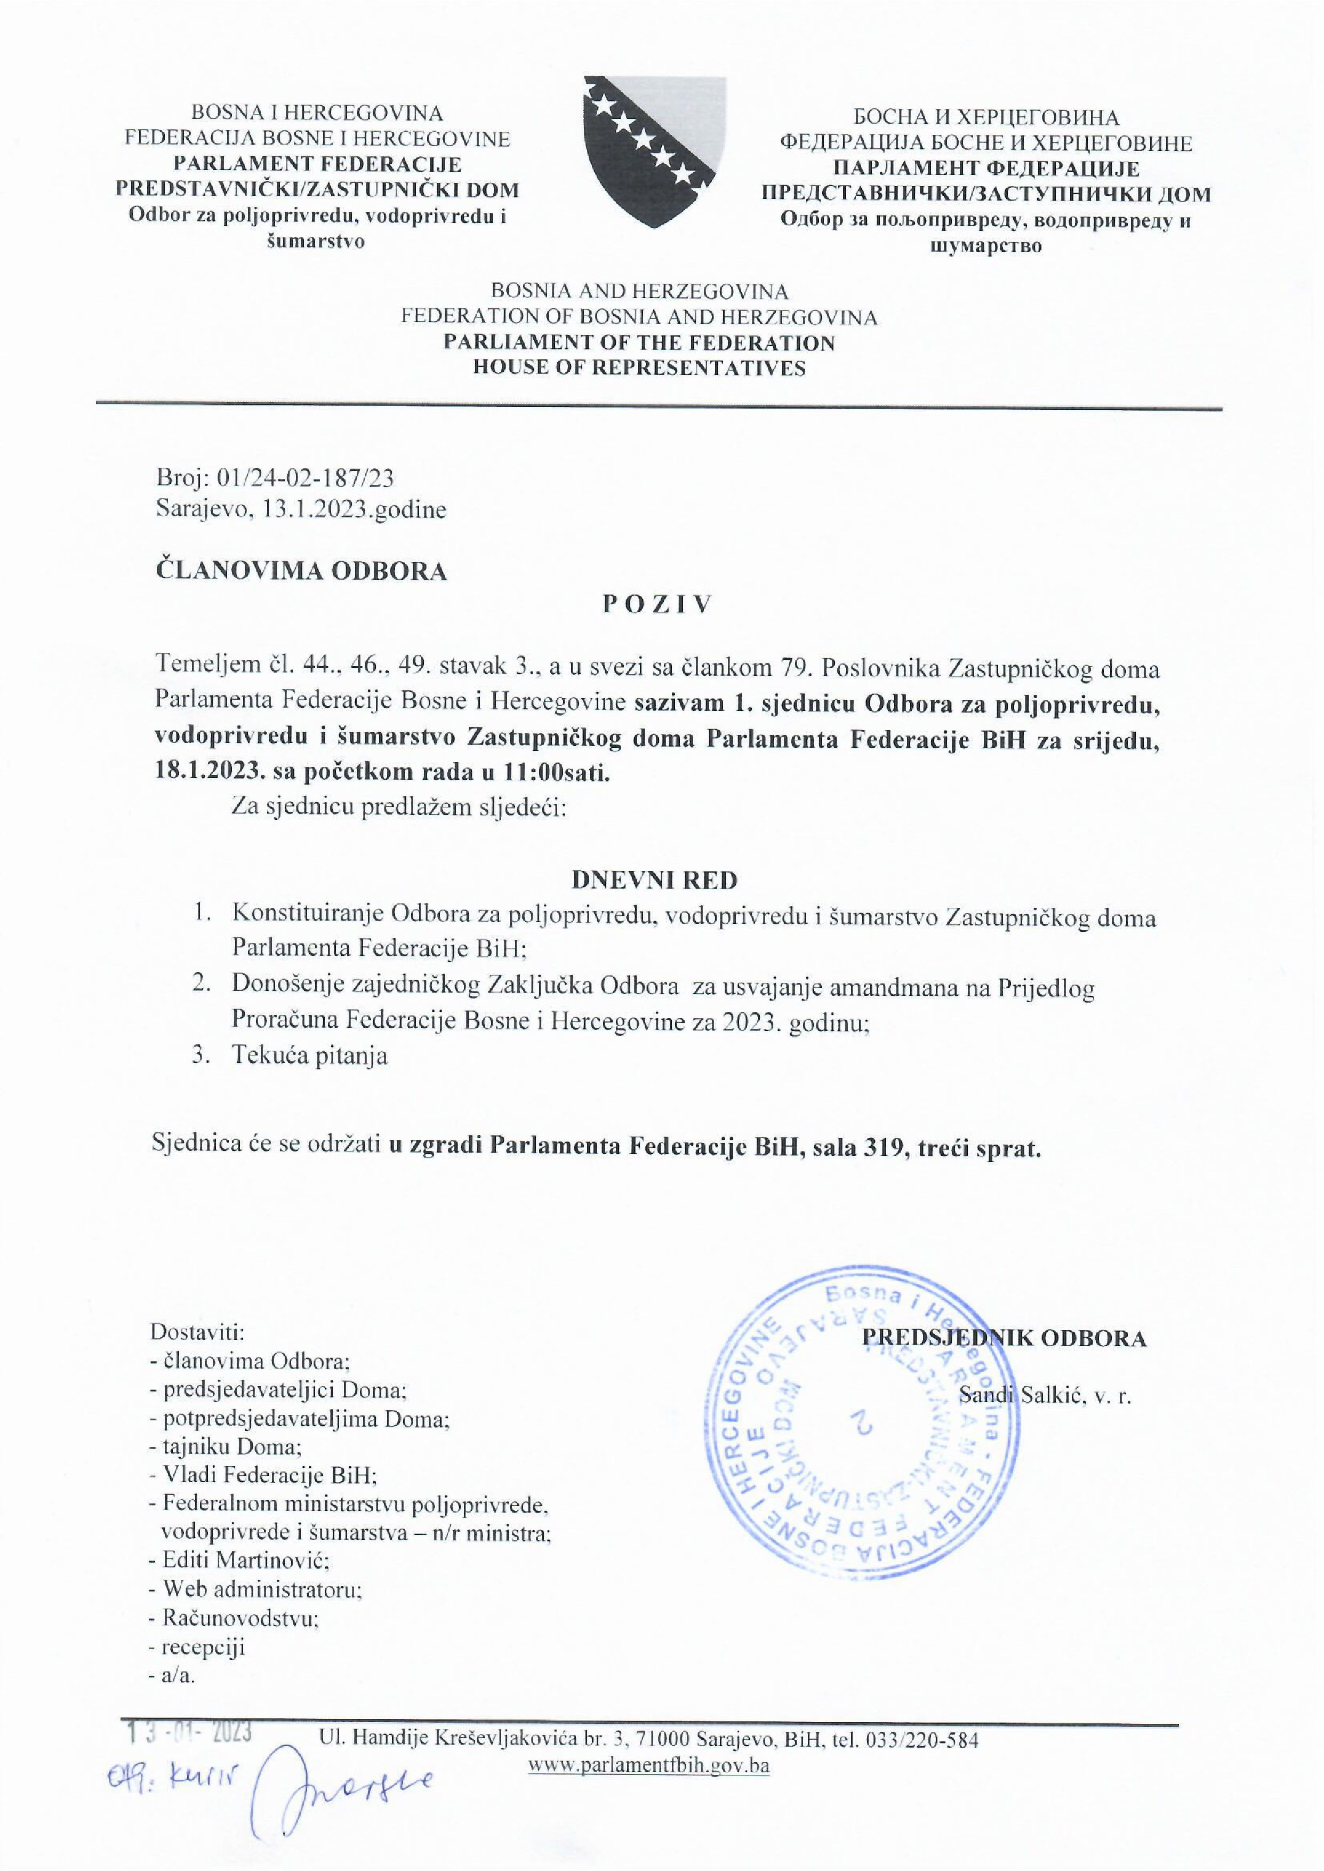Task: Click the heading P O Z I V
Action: pyautogui.click(x=657, y=604)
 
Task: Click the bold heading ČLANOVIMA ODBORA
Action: pyautogui.click(x=302, y=571)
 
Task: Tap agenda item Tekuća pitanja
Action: pyautogui.click(x=309, y=1056)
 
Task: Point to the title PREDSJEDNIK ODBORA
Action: pyautogui.click(x=1004, y=1338)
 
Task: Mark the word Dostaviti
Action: pyautogui.click(x=197, y=1332)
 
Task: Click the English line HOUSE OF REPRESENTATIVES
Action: pyautogui.click(x=639, y=367)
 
